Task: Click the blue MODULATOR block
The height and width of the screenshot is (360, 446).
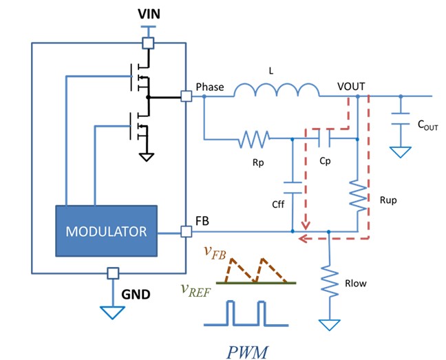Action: (x=106, y=231)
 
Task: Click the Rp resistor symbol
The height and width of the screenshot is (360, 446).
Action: (x=253, y=140)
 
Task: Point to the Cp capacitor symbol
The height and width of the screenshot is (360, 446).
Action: (x=323, y=140)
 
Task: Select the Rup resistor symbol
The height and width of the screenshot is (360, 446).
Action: (x=358, y=195)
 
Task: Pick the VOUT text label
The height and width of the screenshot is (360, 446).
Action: (x=351, y=87)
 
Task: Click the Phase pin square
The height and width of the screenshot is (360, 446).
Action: (x=185, y=96)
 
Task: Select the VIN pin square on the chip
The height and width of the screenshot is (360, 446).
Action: (x=147, y=43)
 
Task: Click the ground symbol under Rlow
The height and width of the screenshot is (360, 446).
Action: (x=330, y=322)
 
